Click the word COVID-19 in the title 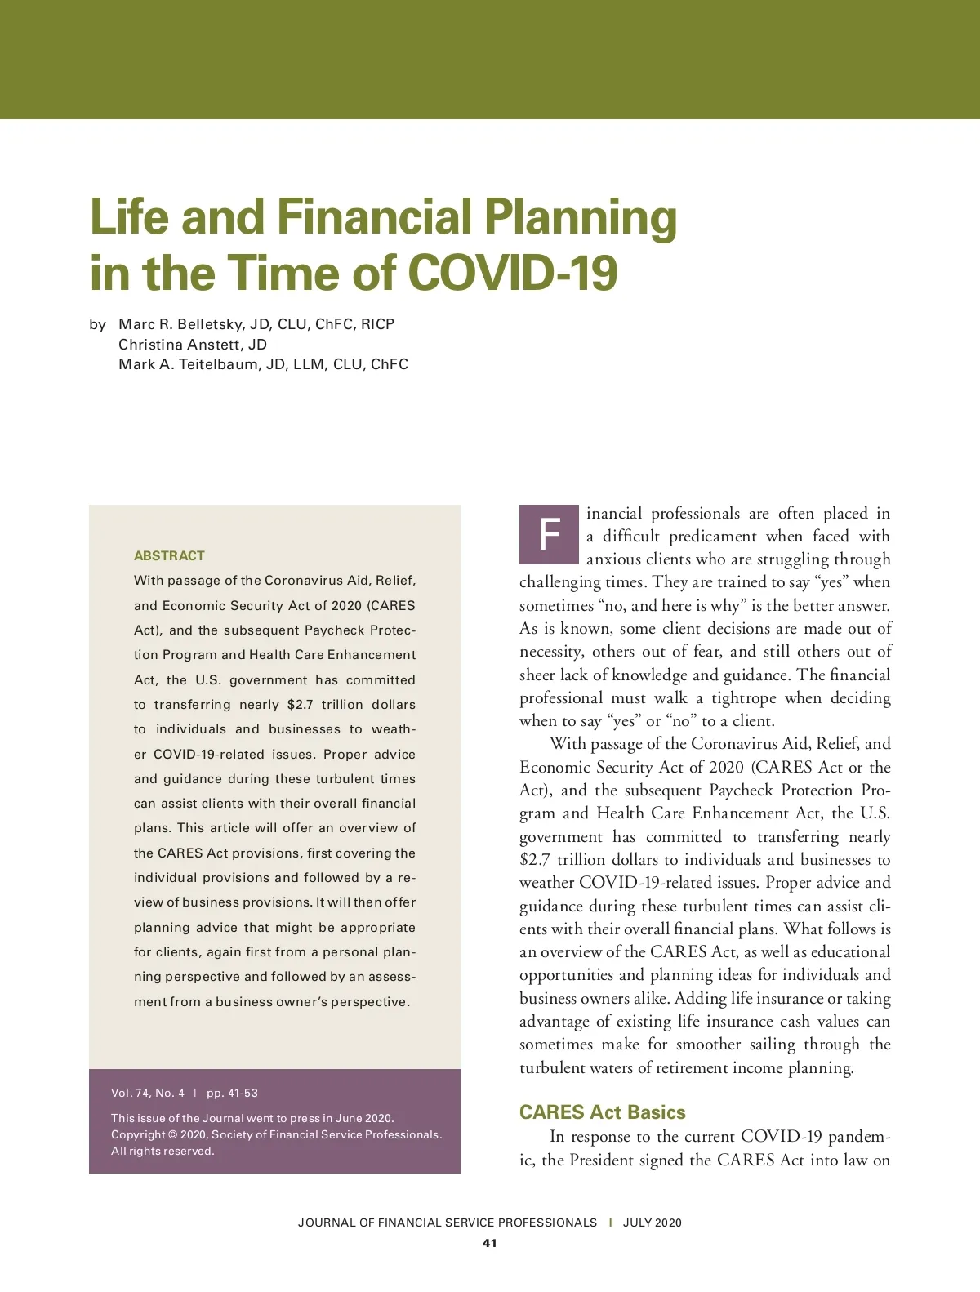[x=512, y=273]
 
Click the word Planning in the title [x=580, y=217]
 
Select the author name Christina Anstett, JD [x=193, y=345]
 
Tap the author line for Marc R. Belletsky [x=256, y=324]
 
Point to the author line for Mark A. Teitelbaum [x=263, y=364]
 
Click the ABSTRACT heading [x=169, y=555]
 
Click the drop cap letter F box [x=550, y=535]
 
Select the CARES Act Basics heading [x=602, y=1112]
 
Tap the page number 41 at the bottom [x=489, y=1243]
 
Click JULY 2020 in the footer [x=652, y=1223]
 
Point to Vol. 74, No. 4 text [x=148, y=1093]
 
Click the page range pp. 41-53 [x=232, y=1093]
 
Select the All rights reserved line [x=163, y=1151]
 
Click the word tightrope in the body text [x=743, y=697]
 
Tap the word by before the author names [x=98, y=324]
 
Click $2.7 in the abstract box [x=300, y=704]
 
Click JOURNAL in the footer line [x=326, y=1223]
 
